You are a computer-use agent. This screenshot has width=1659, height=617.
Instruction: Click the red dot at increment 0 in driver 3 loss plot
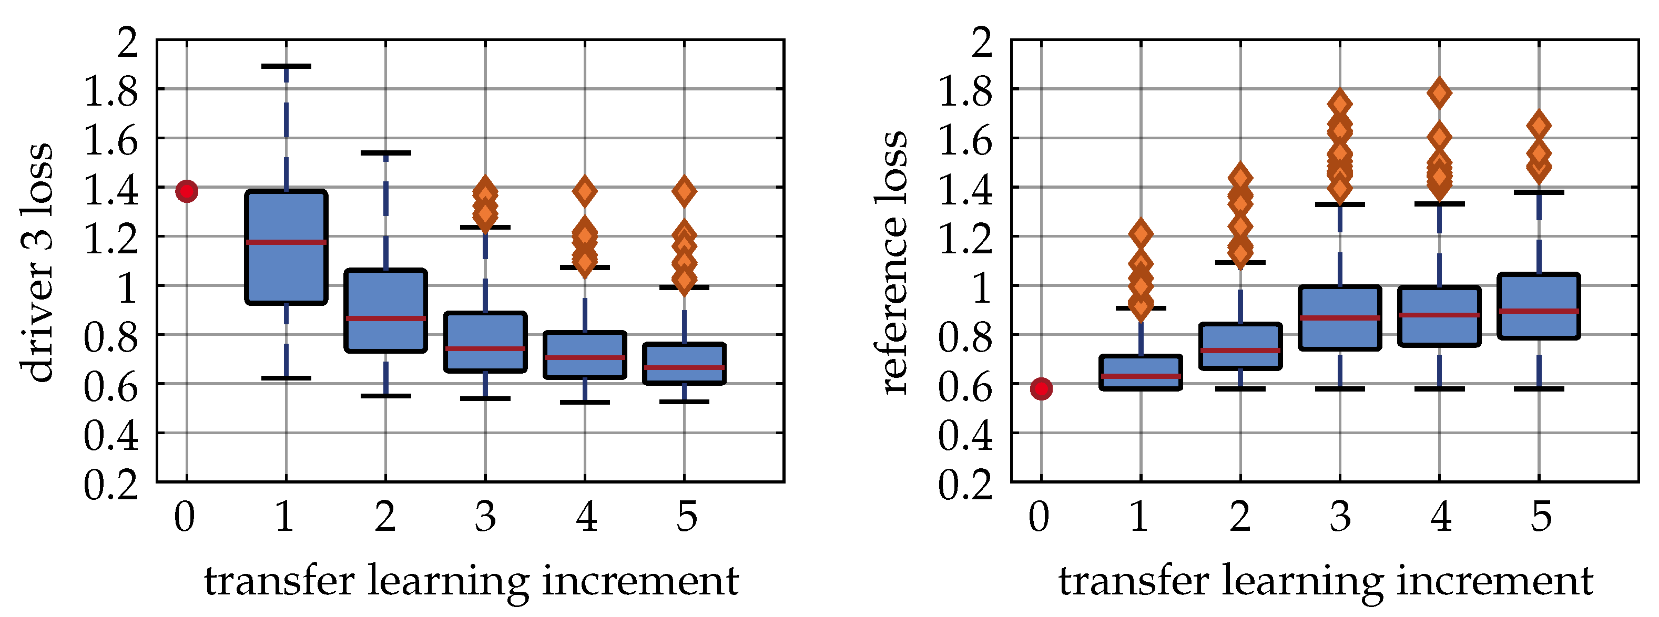click(x=187, y=191)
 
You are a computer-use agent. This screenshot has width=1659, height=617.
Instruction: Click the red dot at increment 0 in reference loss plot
click(x=1041, y=388)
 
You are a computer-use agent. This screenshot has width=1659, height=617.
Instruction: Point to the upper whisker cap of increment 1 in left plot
click(x=287, y=66)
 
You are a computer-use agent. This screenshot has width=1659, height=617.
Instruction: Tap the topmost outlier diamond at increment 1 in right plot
click(x=1141, y=233)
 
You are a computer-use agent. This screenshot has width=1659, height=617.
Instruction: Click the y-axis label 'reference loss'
click(x=891, y=262)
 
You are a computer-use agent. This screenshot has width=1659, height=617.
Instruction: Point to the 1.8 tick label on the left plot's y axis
click(x=111, y=91)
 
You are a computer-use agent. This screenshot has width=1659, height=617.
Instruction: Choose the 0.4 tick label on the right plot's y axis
click(x=965, y=436)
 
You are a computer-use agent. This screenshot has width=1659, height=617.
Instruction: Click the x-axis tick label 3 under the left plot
click(x=485, y=517)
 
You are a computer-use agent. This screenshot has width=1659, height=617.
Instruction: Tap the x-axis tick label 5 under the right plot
click(x=1541, y=517)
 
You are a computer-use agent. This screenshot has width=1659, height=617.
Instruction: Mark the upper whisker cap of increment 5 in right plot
click(x=1539, y=192)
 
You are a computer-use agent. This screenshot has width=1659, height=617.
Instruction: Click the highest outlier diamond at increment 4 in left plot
click(x=585, y=191)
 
